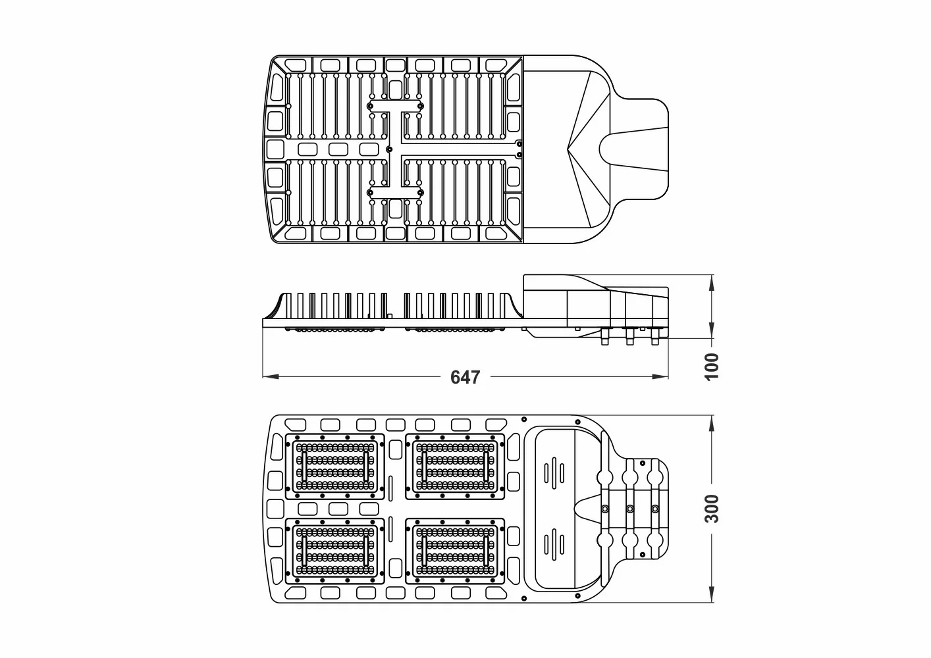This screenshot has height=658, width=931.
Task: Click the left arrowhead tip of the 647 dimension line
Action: point(263,377)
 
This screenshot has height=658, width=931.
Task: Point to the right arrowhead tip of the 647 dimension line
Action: point(668,377)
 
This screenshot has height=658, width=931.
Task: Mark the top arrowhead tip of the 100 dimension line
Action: point(712,275)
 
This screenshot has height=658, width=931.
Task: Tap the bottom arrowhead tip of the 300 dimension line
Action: point(712,602)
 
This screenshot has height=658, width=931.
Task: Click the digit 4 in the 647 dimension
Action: point(465,377)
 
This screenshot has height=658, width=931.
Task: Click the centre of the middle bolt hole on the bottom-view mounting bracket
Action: point(630,509)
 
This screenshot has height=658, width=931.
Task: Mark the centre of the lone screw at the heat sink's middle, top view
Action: point(389,149)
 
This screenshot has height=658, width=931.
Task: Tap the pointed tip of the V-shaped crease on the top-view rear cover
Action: point(568,148)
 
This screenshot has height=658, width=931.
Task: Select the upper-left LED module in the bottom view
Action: point(335,467)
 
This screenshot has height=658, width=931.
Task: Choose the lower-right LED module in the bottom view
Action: point(455,551)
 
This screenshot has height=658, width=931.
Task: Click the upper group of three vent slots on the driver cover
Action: point(554,472)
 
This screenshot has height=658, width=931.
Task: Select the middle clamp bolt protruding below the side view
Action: point(630,336)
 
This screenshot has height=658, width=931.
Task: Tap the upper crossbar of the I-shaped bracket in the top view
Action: point(395,106)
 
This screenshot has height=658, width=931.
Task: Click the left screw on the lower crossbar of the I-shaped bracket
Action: point(370,193)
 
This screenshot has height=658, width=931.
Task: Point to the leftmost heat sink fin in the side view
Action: point(300,306)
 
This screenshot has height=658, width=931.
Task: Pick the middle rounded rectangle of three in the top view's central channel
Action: point(338,149)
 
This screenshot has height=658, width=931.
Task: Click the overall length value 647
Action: point(465,377)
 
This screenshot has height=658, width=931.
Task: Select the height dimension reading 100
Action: point(712,367)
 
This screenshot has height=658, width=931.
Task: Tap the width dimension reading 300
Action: point(712,509)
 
